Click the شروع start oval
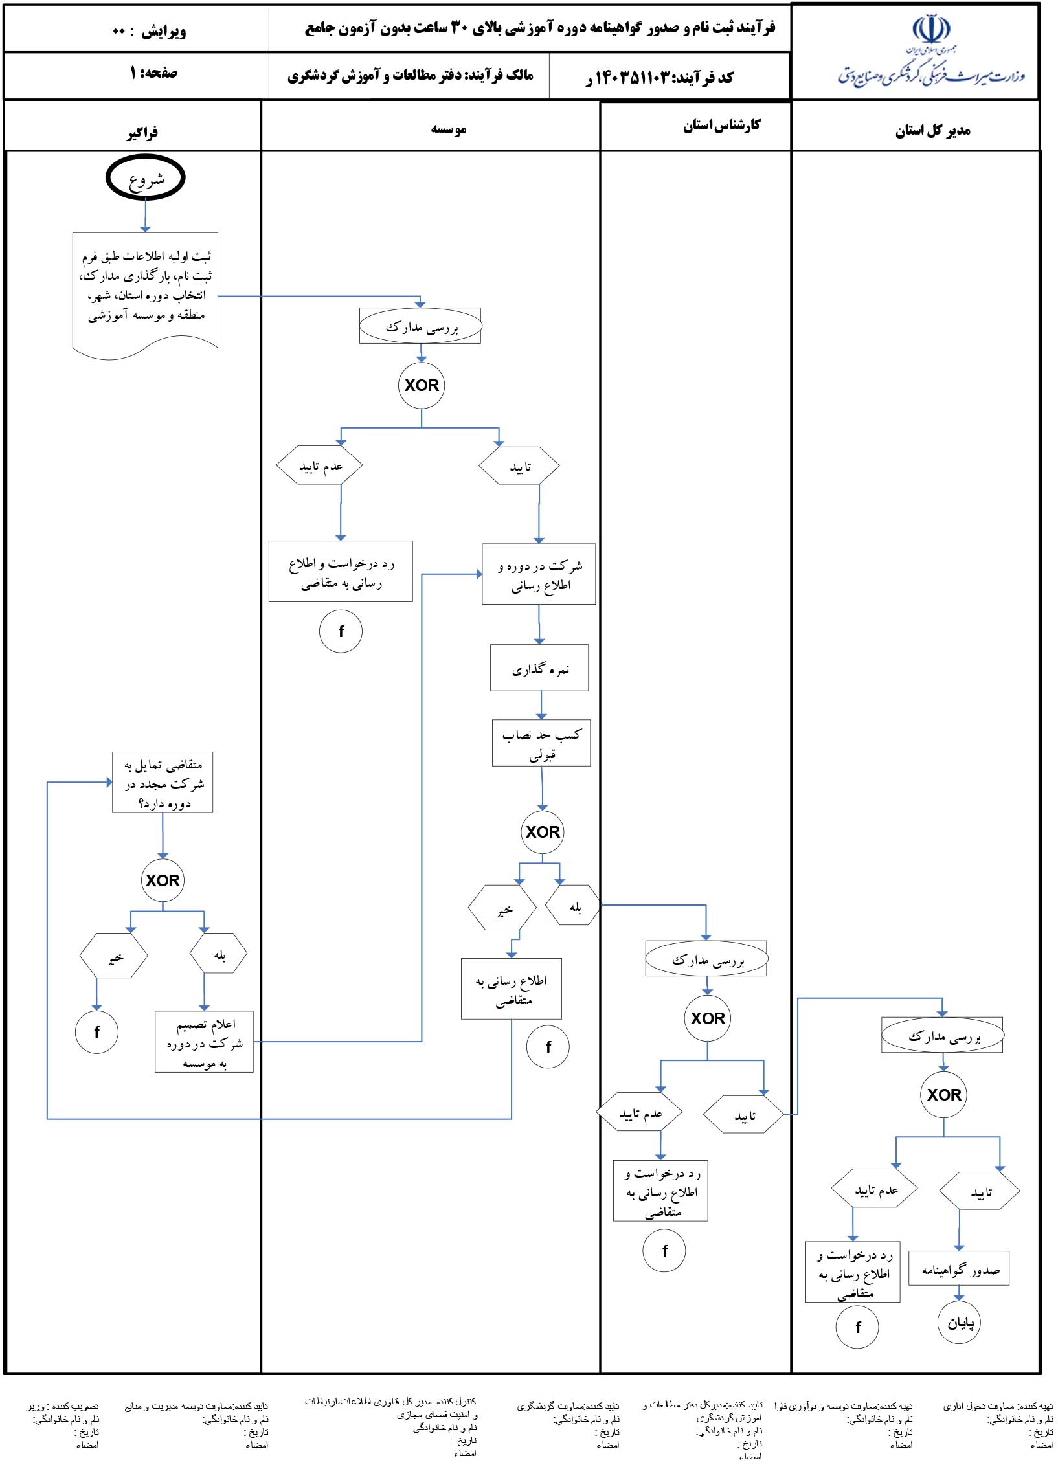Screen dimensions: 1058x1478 point(146,177)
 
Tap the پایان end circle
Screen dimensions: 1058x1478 point(960,1323)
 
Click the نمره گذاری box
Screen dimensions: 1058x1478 point(539,667)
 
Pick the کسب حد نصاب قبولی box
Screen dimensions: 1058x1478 point(541,743)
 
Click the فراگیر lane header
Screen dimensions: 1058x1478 point(142,133)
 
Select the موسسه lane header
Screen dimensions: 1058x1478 point(449,129)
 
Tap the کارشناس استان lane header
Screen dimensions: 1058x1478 point(721,125)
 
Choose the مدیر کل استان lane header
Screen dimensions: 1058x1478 point(932,130)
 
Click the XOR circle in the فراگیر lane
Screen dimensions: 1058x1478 point(163,880)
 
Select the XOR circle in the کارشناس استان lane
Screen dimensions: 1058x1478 point(708,1018)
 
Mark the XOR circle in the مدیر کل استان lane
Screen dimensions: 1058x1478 point(943,1095)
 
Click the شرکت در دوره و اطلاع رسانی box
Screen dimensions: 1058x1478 point(539,574)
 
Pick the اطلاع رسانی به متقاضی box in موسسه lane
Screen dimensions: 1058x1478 point(512,989)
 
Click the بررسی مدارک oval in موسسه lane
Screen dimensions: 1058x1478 point(421,326)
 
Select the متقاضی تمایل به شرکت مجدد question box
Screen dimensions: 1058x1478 point(163,782)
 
